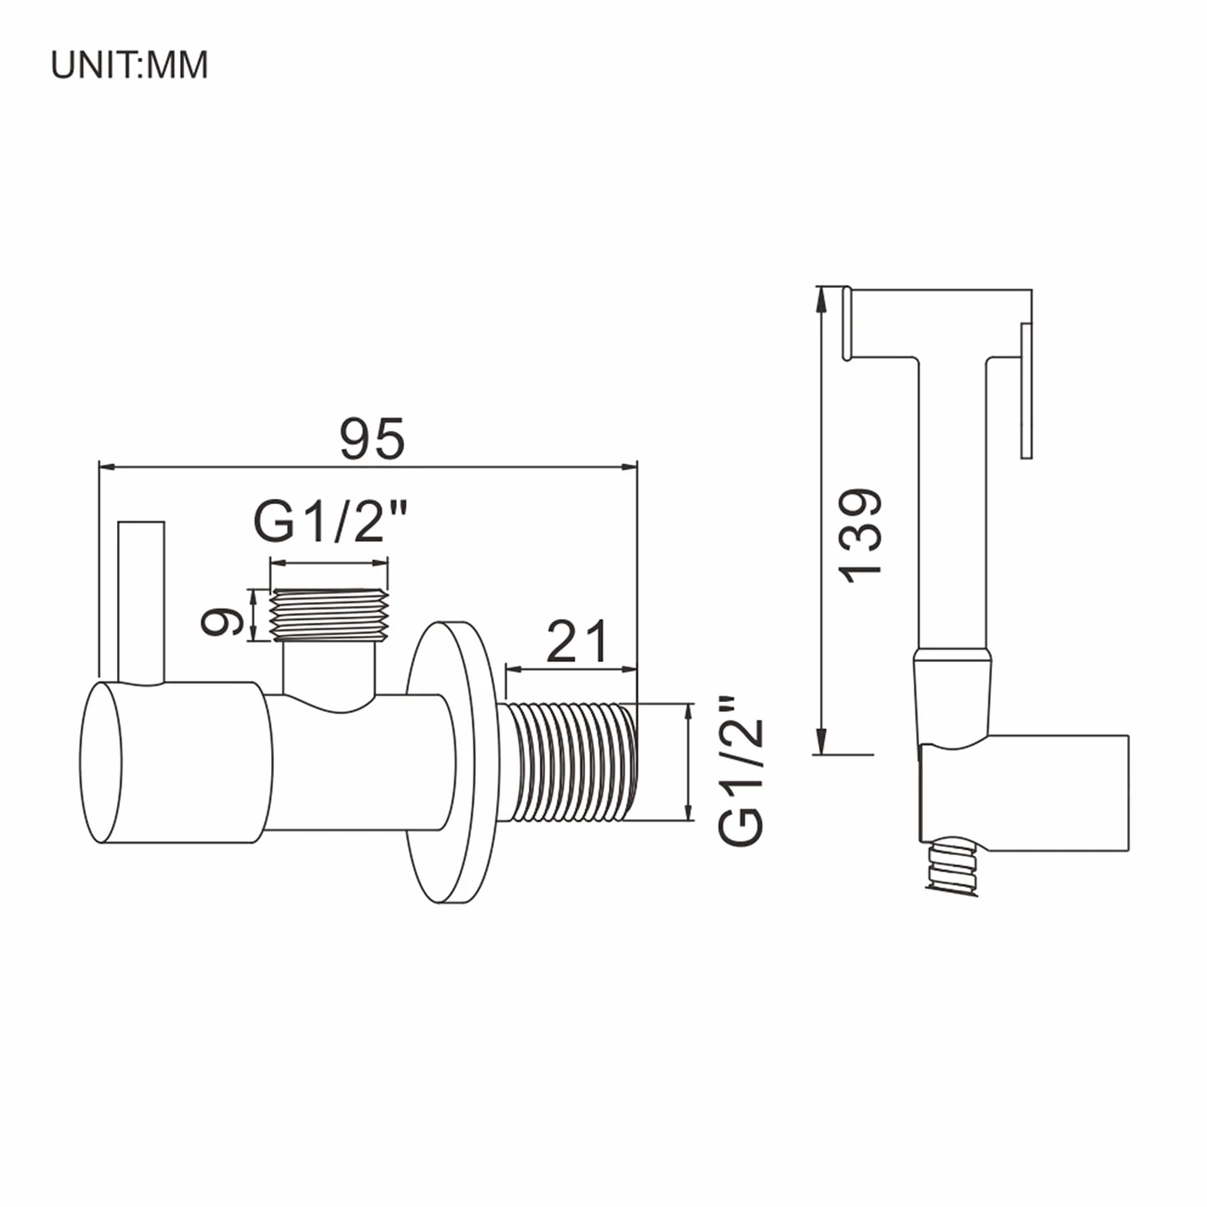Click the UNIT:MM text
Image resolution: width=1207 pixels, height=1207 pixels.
point(129,65)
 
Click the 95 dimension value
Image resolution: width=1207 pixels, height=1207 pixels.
point(373,439)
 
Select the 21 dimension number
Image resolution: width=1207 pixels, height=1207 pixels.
point(577,642)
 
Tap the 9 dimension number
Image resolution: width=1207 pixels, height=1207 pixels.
point(222,622)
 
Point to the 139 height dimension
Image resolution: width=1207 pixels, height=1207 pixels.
point(860,536)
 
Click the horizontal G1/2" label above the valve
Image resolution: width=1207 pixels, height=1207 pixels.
point(330,521)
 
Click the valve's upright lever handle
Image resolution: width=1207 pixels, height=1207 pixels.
point(141,602)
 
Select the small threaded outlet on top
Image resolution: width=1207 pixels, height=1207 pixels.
point(329,614)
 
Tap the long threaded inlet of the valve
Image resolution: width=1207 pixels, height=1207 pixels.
point(570,761)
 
